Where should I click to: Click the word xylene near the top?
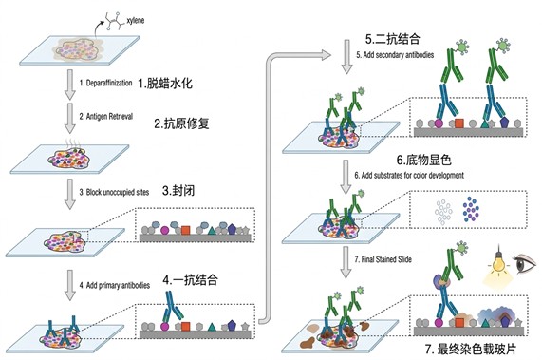point(135,20)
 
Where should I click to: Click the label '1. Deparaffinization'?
point(105,83)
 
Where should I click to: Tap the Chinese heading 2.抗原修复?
point(181,123)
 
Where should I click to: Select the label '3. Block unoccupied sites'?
point(114,192)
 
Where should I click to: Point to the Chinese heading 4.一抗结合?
point(190,279)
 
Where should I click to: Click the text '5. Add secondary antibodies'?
point(395,55)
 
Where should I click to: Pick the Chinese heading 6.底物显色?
point(423,161)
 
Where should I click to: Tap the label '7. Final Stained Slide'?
point(383,259)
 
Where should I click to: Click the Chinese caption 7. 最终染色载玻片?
point(471,349)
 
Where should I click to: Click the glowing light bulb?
point(497,263)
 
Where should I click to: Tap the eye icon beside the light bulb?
point(525,264)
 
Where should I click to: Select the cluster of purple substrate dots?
point(471,209)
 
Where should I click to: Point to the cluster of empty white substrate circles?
point(443,212)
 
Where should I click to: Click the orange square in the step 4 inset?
point(186,326)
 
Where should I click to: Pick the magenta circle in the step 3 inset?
point(165,230)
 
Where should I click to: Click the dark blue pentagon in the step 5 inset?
point(505,122)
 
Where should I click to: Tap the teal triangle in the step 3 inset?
point(212,230)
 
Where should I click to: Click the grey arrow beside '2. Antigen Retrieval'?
point(70,119)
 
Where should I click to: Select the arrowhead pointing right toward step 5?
point(326,55)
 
